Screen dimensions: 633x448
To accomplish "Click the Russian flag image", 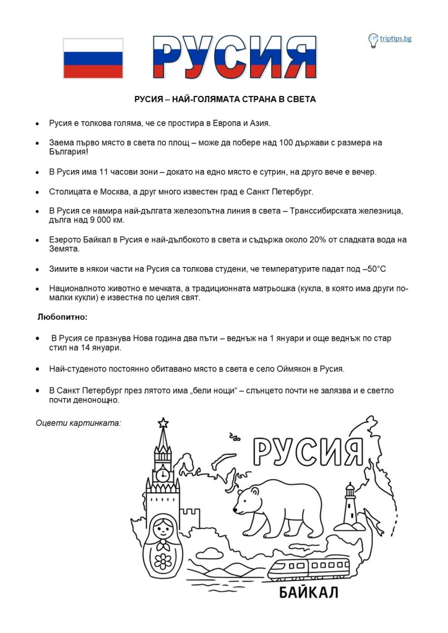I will tap(93, 58).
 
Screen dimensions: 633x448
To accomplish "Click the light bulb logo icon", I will tap(373, 40).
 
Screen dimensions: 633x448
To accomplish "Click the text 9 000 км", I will tap(110, 219).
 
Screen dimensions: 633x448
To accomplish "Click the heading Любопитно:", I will tap(62, 317).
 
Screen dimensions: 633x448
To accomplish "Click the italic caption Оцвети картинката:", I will tap(78, 423).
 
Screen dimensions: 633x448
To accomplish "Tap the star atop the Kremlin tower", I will tap(163, 423).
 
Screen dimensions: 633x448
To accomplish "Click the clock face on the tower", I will tap(162, 475).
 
